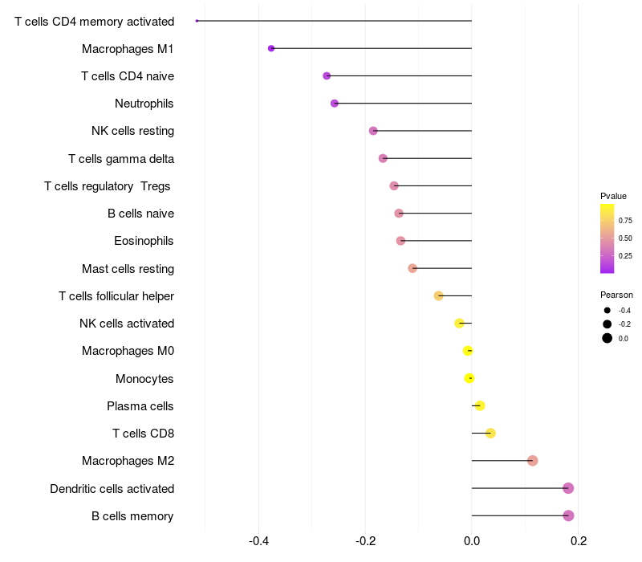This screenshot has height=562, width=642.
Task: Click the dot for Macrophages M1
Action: pyautogui.click(x=271, y=48)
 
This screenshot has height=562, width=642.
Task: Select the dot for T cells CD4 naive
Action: pyautogui.click(x=327, y=75)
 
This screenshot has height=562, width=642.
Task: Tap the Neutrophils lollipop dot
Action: pyautogui.click(x=335, y=104)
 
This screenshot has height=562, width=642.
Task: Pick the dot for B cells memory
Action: pyautogui.click(x=568, y=515)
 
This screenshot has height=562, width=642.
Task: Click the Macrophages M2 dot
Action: pyautogui.click(x=533, y=461)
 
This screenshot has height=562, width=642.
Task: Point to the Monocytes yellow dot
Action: pyautogui.click(x=469, y=378)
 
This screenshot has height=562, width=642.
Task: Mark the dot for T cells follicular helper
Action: pyautogui.click(x=438, y=295)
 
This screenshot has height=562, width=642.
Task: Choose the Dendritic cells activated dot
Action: pyautogui.click(x=568, y=488)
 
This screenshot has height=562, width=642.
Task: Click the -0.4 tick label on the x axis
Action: pyautogui.click(x=258, y=541)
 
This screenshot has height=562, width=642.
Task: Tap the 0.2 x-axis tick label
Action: pyautogui.click(x=579, y=541)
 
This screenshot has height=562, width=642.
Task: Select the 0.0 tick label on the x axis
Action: pyautogui.click(x=472, y=541)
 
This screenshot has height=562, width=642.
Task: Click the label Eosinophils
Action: pyautogui.click(x=144, y=241)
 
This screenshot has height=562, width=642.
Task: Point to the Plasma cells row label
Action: pyautogui.click(x=140, y=406)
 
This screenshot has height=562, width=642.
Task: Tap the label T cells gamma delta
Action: pyautogui.click(x=121, y=159)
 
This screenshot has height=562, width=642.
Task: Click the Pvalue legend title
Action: pyautogui.click(x=613, y=196)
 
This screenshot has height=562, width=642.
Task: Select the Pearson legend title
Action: pyautogui.click(x=616, y=295)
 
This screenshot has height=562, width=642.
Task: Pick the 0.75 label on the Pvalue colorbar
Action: pyautogui.click(x=625, y=220)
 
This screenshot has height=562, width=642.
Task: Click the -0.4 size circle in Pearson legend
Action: pyautogui.click(x=607, y=311)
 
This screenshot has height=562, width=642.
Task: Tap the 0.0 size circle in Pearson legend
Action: pyautogui.click(x=607, y=338)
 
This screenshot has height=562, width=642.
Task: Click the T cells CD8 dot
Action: pyautogui.click(x=490, y=434)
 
